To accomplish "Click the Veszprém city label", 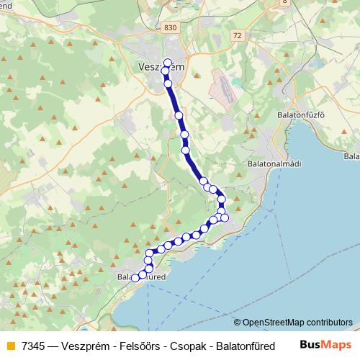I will click(160, 67).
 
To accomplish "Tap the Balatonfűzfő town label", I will click(301, 114).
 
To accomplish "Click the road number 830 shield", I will click(170, 27).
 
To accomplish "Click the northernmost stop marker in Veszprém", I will click(168, 62).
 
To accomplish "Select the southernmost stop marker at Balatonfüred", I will click(135, 279).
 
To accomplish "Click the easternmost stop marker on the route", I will click(225, 217).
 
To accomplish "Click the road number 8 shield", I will click(284, 2).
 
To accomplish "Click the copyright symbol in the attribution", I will click(238, 323).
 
